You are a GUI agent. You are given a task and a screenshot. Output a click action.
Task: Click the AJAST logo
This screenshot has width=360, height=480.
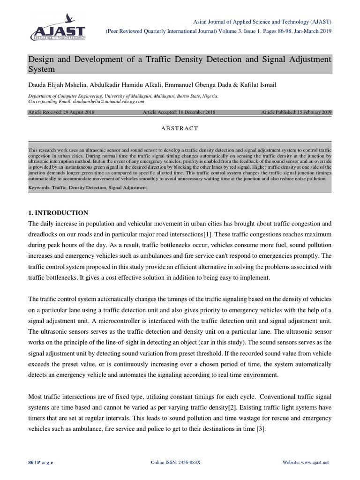point(59,28)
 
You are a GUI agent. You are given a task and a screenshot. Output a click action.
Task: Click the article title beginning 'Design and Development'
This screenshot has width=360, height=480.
point(180,64)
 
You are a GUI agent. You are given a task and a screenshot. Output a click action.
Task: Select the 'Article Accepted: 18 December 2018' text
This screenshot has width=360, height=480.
point(179,112)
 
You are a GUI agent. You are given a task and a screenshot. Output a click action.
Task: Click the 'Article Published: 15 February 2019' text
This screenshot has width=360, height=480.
point(296,112)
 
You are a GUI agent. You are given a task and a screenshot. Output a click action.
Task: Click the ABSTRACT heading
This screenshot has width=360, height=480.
point(180,128)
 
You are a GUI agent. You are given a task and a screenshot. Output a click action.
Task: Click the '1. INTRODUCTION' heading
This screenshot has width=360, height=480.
point(58,213)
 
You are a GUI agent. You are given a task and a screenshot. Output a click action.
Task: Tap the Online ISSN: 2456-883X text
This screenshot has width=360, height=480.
point(175,462)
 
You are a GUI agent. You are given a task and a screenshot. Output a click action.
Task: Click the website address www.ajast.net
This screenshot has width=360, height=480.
point(315,462)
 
